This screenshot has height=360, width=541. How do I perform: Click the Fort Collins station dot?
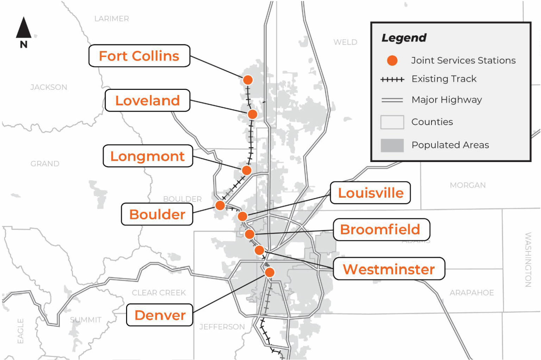tap(248, 80)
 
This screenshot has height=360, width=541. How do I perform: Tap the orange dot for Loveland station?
tap(252, 114)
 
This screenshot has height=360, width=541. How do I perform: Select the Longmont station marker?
tap(247, 170)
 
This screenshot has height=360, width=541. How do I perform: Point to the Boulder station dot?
tap(220, 205)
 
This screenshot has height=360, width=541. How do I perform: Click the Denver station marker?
tap(269, 272)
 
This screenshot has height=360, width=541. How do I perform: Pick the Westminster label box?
tap(389, 269)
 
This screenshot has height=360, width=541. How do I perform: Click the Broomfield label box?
tap(381, 230)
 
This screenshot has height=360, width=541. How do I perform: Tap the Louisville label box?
tap(371, 193)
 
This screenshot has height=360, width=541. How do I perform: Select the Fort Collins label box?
tap(139, 56)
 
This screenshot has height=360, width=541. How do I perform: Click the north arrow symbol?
tap(24, 28)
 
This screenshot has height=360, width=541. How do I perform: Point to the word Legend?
tap(404, 38)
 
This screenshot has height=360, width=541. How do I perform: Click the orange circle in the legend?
tap(392, 61)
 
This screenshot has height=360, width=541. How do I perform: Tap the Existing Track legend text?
tap(444, 79)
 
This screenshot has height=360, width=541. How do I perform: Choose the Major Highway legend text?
tap(447, 100)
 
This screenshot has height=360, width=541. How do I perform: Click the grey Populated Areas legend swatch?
tap(392, 145)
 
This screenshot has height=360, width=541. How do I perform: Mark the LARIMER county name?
tap(112, 19)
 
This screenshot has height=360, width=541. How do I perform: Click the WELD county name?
tap(345, 42)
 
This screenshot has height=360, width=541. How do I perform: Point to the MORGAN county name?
tap(467, 185)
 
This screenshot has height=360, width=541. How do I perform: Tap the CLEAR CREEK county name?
tap(159, 293)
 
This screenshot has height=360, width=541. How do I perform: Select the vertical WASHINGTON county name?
tap(528, 260)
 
